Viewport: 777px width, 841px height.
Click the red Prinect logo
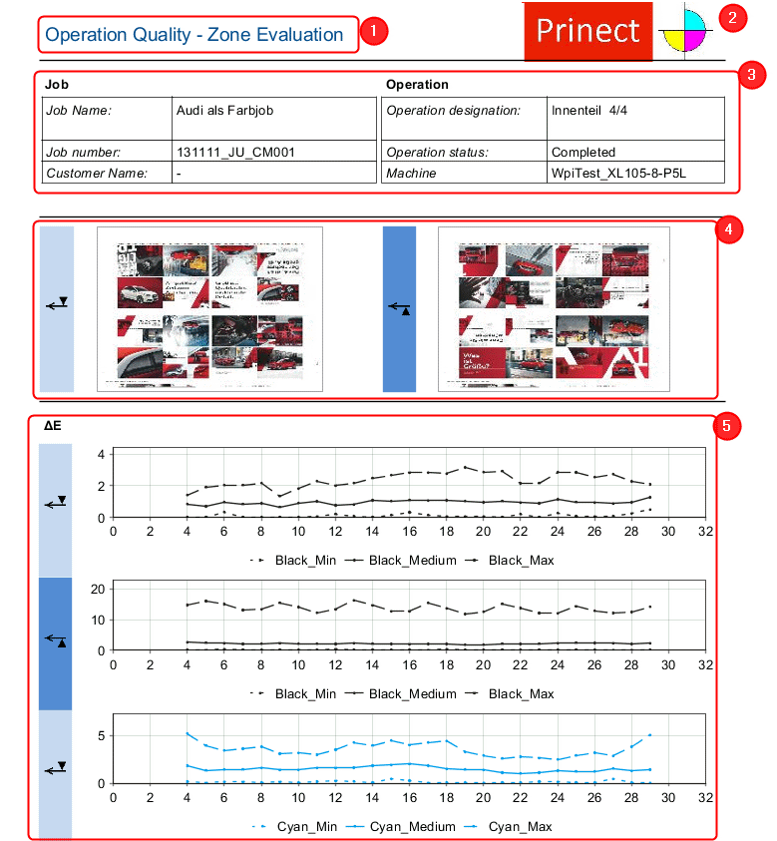point(587,31)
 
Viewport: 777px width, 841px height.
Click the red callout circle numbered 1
point(373,31)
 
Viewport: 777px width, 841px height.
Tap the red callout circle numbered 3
point(751,73)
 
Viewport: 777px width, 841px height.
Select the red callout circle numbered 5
point(726,426)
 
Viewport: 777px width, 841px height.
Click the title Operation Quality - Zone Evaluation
point(194,35)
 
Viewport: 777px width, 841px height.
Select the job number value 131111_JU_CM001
point(234,153)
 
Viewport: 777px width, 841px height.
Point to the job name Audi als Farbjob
point(223,110)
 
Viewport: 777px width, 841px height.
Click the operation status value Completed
point(583,153)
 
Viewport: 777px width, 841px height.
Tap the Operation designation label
point(453,110)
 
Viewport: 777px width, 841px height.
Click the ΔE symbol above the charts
point(53,426)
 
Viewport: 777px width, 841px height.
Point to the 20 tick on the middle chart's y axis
point(97,589)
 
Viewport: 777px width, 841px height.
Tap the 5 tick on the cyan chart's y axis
point(100,735)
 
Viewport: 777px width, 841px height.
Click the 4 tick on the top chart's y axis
point(101,455)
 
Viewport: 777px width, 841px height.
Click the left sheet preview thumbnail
point(209,309)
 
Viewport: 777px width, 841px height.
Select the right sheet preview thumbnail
point(554,309)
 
